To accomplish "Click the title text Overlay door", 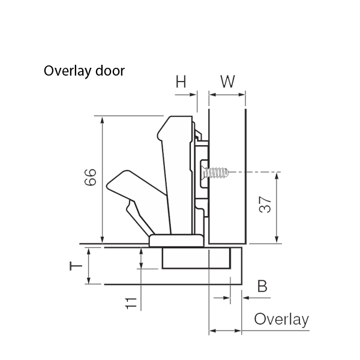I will tap(84, 71).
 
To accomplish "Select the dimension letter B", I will tap(262, 286).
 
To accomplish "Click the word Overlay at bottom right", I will tap(281, 319).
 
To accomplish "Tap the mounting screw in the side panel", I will tap(217, 173).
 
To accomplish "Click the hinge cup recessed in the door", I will tap(196, 258).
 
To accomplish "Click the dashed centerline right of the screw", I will tap(258, 173).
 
